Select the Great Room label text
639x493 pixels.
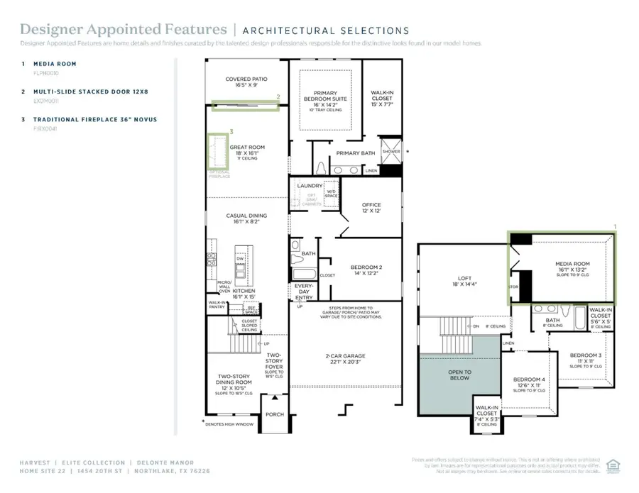[247, 148]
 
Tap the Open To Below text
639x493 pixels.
[459, 375]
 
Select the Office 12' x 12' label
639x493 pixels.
[371, 208]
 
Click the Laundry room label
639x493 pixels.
[310, 186]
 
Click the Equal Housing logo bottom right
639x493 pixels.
[614, 465]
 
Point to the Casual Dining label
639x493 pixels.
[246, 218]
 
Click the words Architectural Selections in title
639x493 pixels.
[326, 31]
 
